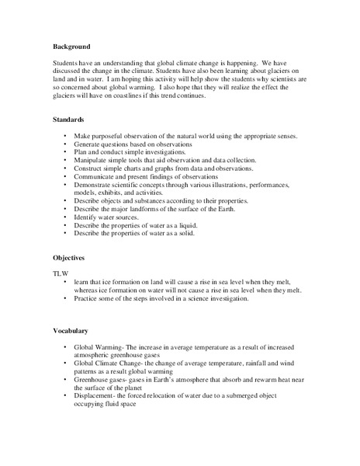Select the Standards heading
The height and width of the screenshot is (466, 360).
[68, 120]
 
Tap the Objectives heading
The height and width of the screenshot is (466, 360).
[70, 256]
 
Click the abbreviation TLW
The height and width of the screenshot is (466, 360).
[61, 273]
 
